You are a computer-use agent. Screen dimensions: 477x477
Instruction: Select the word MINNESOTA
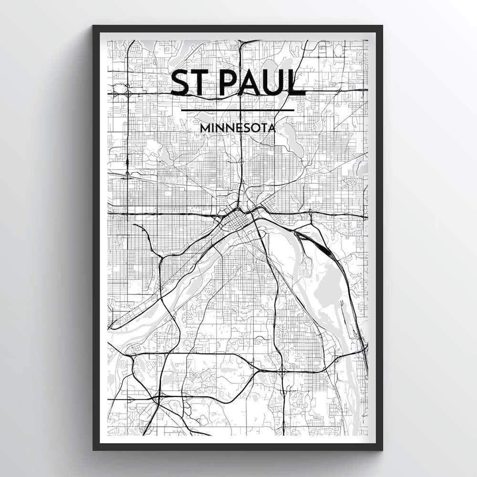[x=238, y=128]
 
